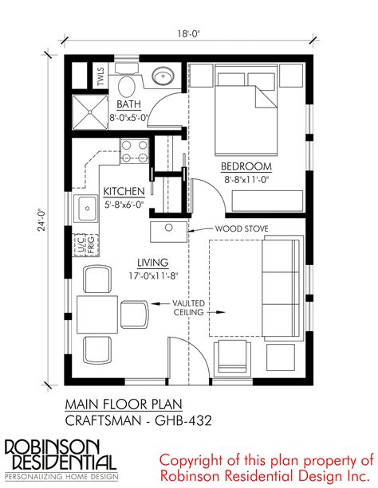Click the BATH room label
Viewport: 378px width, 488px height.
[x=128, y=104]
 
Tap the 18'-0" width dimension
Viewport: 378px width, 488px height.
[x=188, y=33]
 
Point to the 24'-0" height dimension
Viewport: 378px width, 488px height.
[x=41, y=220]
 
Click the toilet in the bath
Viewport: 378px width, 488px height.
[x=127, y=82]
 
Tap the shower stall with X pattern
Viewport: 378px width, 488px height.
[x=90, y=112]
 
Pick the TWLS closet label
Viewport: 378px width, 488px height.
[x=100, y=76]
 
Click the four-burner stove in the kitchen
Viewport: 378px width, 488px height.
[x=135, y=150]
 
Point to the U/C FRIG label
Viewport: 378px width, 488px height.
[x=86, y=245]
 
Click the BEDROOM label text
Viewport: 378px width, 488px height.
[x=246, y=166]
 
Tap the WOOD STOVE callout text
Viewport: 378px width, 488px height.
[x=242, y=228]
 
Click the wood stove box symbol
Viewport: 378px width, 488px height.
[x=169, y=232]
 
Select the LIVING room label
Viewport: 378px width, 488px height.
[x=153, y=263]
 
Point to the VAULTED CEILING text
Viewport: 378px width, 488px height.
[x=189, y=307]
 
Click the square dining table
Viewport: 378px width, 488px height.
[x=97, y=314]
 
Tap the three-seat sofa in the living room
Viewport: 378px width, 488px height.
[x=283, y=288]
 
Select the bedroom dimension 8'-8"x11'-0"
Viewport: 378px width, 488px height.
[x=246, y=180]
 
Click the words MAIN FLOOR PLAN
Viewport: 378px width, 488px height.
[x=124, y=404]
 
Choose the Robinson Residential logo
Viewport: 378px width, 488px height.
[x=61, y=459]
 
